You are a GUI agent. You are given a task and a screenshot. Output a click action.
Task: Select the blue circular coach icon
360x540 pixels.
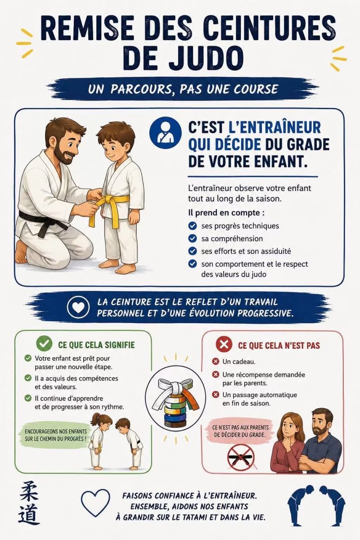pos(165,132)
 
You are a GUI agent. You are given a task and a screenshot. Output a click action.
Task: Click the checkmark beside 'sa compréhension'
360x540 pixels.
pos(192,238)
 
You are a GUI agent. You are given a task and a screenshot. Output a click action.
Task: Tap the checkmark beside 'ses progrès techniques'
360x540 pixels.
pos(192,226)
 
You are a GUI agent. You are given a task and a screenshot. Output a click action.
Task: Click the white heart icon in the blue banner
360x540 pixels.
pos(78,307)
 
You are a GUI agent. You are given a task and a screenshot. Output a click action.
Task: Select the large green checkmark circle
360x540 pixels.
pos(44,344)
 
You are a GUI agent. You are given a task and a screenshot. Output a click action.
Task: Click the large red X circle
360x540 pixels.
pos(224,344)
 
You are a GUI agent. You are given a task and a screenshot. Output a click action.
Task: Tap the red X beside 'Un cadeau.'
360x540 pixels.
pos(215,361)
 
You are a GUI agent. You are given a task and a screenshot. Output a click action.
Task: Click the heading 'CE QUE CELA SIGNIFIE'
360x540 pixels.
pos(96,345)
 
